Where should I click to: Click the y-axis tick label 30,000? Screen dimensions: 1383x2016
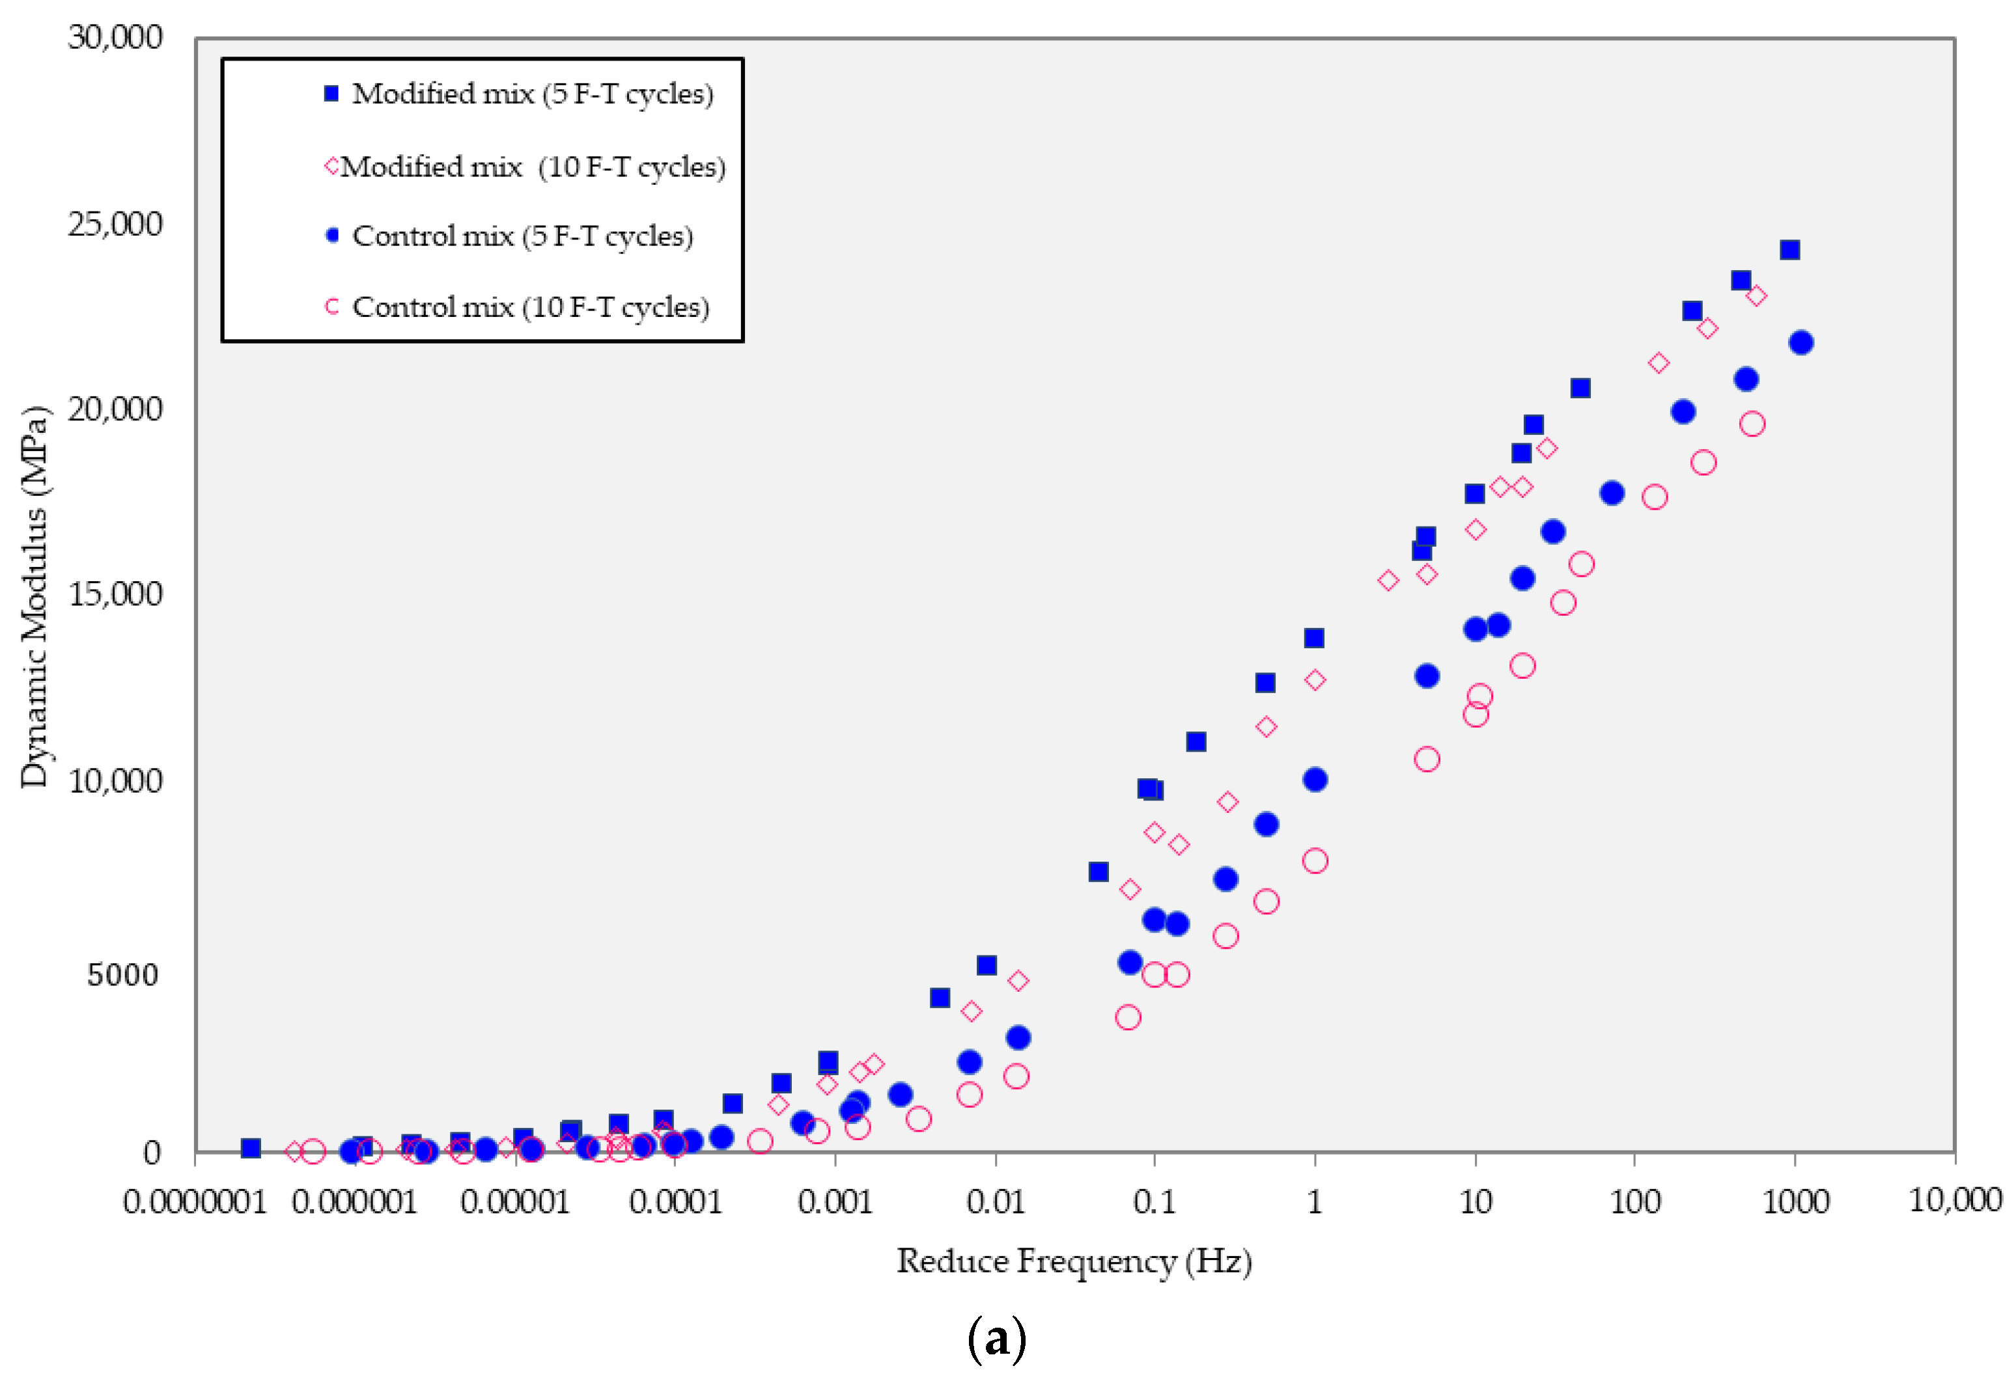(115, 37)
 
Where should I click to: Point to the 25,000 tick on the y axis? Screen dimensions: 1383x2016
(115, 225)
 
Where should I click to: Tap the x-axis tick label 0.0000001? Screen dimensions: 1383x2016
(194, 1202)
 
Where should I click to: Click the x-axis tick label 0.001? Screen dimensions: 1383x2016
(835, 1202)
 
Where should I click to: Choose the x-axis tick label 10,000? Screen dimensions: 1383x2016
(1955, 1200)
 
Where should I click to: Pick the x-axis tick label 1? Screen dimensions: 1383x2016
(1315, 1202)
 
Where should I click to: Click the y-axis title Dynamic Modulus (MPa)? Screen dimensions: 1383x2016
(35, 597)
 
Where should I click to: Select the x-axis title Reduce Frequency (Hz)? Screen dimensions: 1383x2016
(1074, 1261)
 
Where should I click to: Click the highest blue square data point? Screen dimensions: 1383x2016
(1789, 250)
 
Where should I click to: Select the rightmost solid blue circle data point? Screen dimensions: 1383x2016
(1801, 342)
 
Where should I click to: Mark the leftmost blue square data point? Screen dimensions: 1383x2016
(251, 1148)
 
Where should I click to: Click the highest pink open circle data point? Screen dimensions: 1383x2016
(1752, 424)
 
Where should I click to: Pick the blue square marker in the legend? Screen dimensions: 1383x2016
(331, 94)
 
